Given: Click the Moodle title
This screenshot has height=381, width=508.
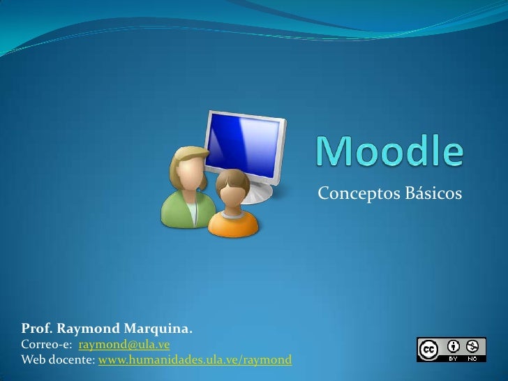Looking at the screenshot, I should (x=390, y=150).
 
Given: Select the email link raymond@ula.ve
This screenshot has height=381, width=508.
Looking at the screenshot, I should (x=124, y=345).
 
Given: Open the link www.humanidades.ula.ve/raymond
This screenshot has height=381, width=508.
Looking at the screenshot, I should (x=195, y=360).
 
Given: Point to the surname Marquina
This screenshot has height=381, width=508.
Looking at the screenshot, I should (x=158, y=329).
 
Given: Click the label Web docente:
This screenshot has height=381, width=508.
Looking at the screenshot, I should (x=59, y=360).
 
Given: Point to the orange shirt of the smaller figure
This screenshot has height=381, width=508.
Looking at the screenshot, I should (x=233, y=222).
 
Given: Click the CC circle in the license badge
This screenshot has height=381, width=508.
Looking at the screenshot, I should (x=429, y=347).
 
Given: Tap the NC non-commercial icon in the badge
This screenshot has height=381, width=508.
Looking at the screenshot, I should (x=473, y=345).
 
